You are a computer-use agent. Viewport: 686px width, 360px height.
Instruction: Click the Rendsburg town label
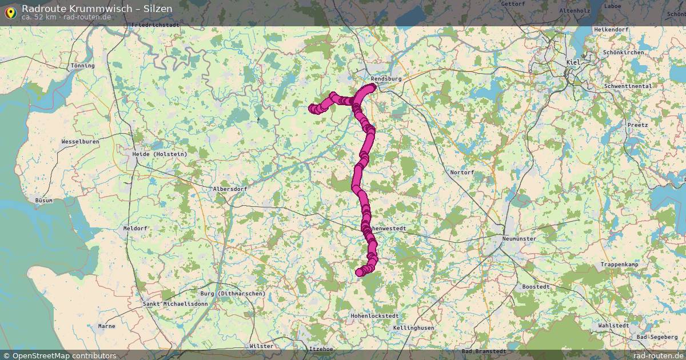[386, 78]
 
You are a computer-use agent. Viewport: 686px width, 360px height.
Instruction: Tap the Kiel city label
[572, 62]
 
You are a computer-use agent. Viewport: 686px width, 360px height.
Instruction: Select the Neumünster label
[519, 238]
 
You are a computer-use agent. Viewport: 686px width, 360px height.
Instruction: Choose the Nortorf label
[462, 172]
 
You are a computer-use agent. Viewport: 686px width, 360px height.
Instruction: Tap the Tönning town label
[82, 66]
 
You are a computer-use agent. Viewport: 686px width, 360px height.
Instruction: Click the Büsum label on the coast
[43, 201]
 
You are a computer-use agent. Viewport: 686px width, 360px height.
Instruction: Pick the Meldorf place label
[135, 228]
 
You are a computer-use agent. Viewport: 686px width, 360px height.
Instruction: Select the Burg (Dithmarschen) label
[233, 294]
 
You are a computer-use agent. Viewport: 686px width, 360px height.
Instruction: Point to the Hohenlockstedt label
[374, 315]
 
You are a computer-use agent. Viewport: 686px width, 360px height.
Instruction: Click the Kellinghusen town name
[413, 328]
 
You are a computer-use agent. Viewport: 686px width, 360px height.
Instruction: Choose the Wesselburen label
[80, 141]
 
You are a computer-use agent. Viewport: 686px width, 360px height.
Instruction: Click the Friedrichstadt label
[155, 25]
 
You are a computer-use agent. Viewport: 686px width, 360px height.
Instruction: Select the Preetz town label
[637, 125]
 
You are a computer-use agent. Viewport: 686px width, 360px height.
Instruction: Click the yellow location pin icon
[10, 12]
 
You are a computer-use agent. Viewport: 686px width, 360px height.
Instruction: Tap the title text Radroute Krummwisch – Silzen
[97, 9]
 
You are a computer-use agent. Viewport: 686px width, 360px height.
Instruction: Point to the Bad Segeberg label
[657, 337]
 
